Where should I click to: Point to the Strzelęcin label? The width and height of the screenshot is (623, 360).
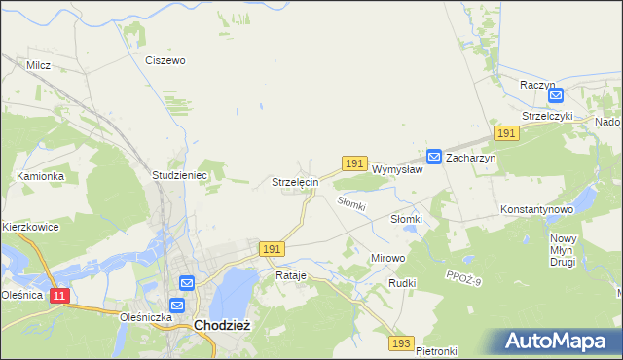coord(294,182)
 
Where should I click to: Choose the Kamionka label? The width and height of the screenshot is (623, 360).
coord(40,176)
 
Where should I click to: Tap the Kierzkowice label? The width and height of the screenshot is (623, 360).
coord(30,227)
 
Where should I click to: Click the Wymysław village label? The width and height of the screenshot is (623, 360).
coord(397,169)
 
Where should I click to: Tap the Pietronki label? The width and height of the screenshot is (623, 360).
coord(436,350)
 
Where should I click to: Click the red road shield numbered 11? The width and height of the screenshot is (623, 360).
coord(58,295)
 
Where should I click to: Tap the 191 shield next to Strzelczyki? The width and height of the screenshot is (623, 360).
coord(504,132)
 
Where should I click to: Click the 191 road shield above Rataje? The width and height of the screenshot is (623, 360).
coord(272,250)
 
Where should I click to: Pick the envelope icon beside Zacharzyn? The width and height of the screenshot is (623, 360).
coord(434,156)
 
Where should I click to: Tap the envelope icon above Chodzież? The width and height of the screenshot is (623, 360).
coord(187,282)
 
